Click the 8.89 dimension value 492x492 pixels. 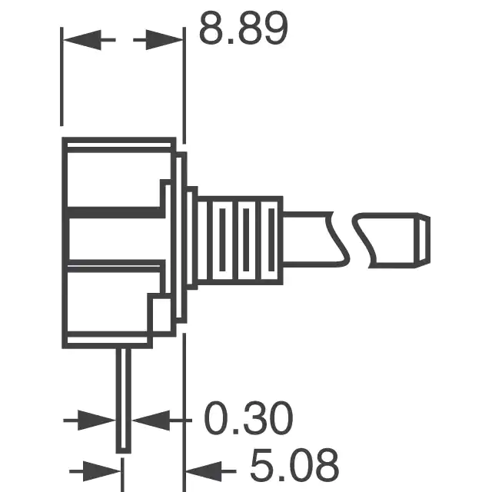point(243,28)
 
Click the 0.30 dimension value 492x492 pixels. point(248,418)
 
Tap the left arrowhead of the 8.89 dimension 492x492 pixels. point(82,40)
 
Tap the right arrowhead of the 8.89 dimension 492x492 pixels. point(164,40)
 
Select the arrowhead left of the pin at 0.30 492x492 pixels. point(97,421)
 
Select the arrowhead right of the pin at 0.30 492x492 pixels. point(151,421)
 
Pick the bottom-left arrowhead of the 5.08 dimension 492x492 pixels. point(101,471)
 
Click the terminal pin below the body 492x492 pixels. point(124,401)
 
